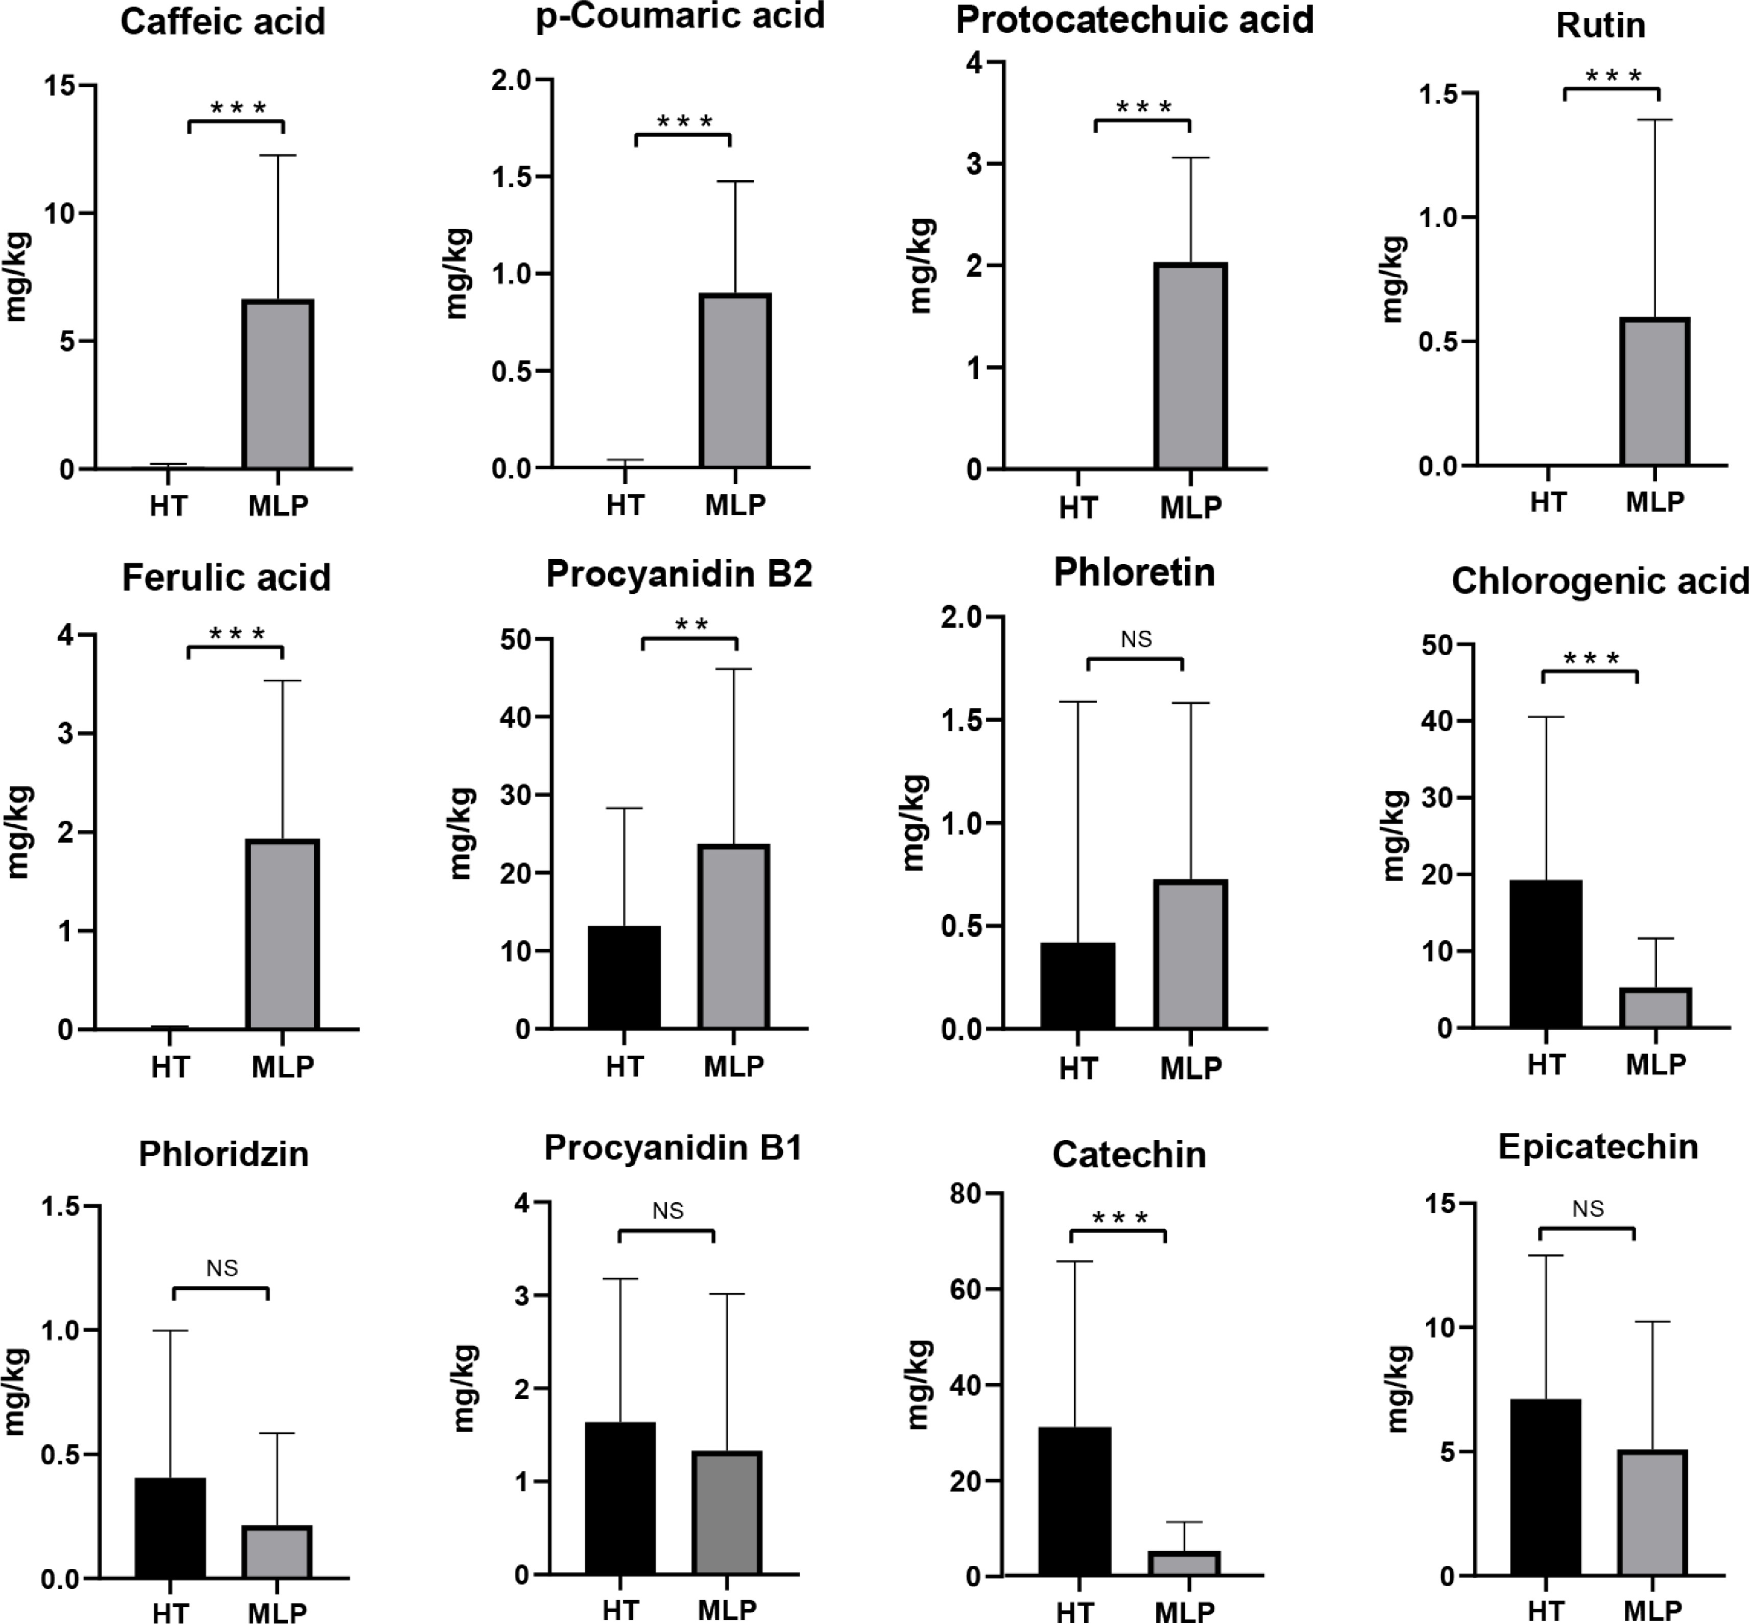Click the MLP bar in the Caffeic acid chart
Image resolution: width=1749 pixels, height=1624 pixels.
(x=278, y=384)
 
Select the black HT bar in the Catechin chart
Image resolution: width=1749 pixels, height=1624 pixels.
(x=1074, y=1502)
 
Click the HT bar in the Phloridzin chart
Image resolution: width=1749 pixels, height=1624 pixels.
(x=171, y=1528)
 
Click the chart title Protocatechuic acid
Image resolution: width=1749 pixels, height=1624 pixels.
(x=1135, y=20)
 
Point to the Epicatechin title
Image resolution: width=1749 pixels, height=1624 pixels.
(x=1598, y=1147)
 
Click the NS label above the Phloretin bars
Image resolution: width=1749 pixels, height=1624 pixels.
(x=1136, y=639)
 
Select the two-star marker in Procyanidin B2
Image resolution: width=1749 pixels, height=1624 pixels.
(x=691, y=625)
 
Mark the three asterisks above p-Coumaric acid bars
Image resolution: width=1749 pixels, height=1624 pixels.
(x=684, y=121)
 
